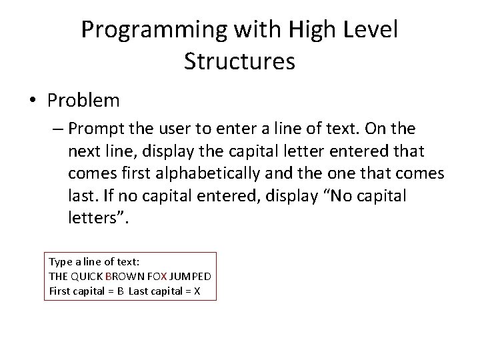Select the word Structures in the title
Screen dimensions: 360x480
239,61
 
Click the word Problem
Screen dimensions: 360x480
83,101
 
